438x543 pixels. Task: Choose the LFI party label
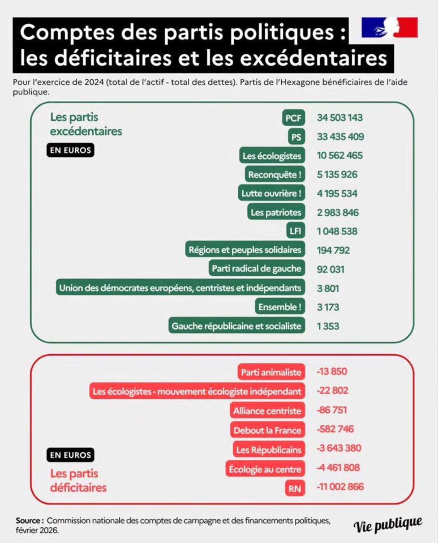(297, 231)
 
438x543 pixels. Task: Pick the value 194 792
(333, 250)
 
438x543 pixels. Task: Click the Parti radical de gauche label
(256, 269)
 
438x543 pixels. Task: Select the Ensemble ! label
(279, 307)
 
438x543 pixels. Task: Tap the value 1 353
(328, 326)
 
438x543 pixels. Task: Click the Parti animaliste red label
(270, 372)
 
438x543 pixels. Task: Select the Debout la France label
(267, 430)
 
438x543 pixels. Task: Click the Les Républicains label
(268, 449)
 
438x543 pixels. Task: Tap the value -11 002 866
(340, 487)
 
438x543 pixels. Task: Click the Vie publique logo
(388, 524)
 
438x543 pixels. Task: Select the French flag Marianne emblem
(389, 28)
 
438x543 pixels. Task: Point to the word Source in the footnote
(30, 521)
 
